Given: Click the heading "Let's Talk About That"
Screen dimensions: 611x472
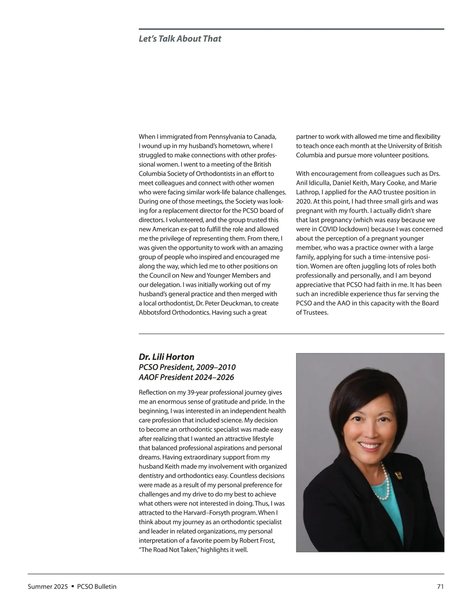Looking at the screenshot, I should tap(180, 39).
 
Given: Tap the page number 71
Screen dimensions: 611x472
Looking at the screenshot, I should tap(440, 587).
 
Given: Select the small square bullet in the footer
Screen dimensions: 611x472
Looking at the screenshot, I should tap(73, 587).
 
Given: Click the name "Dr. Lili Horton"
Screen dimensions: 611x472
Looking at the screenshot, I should tap(166, 357).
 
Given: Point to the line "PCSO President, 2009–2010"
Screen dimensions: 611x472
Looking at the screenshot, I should tap(187, 367).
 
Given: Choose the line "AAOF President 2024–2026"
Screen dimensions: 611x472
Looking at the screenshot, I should tap(186, 377).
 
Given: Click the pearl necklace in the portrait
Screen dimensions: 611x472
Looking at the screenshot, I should tap(383, 482).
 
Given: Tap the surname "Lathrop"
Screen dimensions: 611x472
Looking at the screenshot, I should tap(308, 192).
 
